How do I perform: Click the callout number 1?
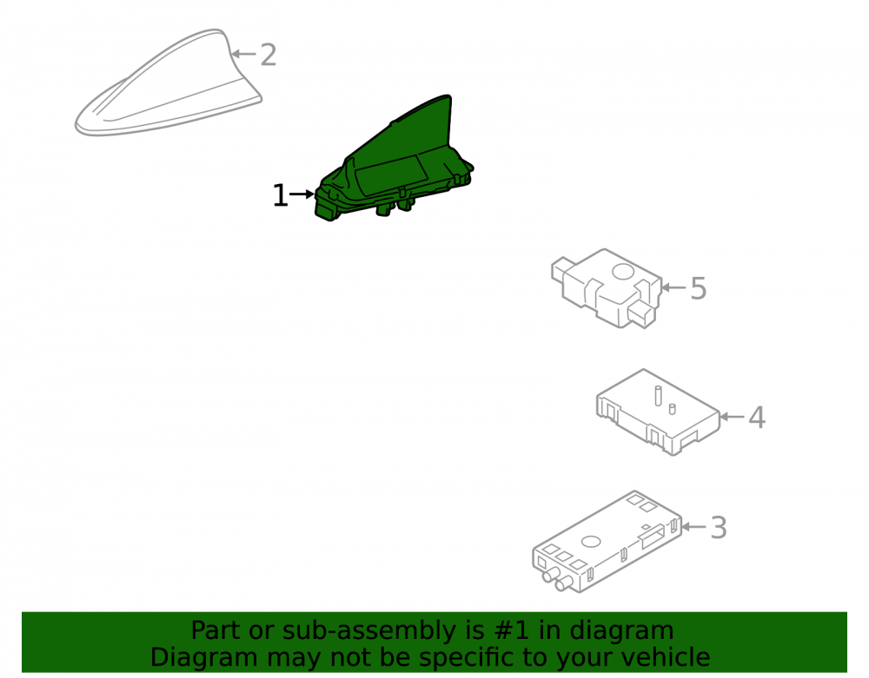coord(280,196)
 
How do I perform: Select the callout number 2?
coord(269,55)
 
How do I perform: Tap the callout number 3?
coord(719,528)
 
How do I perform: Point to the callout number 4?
coord(757,418)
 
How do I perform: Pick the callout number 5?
coord(699,288)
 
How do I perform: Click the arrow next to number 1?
coord(302,194)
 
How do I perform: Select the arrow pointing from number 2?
coord(243,54)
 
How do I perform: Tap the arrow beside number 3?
coord(693,526)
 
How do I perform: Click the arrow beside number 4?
coord(732,416)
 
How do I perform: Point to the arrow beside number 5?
coord(673,287)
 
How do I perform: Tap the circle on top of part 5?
coord(623,272)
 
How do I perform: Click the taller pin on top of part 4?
coord(658,396)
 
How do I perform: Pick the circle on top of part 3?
coord(591,542)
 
